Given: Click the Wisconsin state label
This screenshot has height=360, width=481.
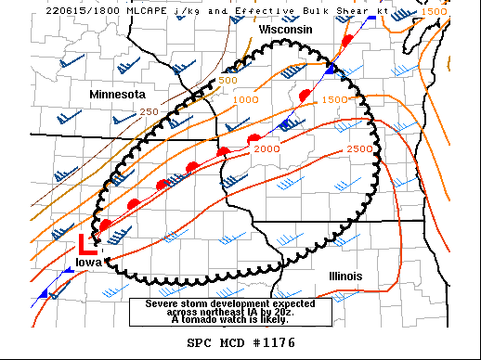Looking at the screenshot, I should click(x=285, y=30).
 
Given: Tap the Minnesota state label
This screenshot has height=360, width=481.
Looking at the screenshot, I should click(x=118, y=95).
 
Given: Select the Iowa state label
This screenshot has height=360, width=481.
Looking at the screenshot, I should click(x=89, y=263).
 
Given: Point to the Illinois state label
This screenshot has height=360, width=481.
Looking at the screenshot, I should click(x=344, y=276).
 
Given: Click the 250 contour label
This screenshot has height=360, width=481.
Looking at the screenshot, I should click(x=149, y=111).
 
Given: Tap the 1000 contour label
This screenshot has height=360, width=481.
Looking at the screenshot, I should click(x=245, y=100).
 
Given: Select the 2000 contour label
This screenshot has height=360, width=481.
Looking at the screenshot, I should click(x=266, y=148).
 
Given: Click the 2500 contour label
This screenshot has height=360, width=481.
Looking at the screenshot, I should click(x=358, y=148).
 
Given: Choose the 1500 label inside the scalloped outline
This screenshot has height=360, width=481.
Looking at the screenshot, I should click(x=333, y=100).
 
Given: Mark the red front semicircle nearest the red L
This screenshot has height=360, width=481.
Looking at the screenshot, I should click(x=106, y=225).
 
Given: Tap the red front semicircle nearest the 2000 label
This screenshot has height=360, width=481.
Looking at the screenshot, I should click(x=253, y=139).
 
